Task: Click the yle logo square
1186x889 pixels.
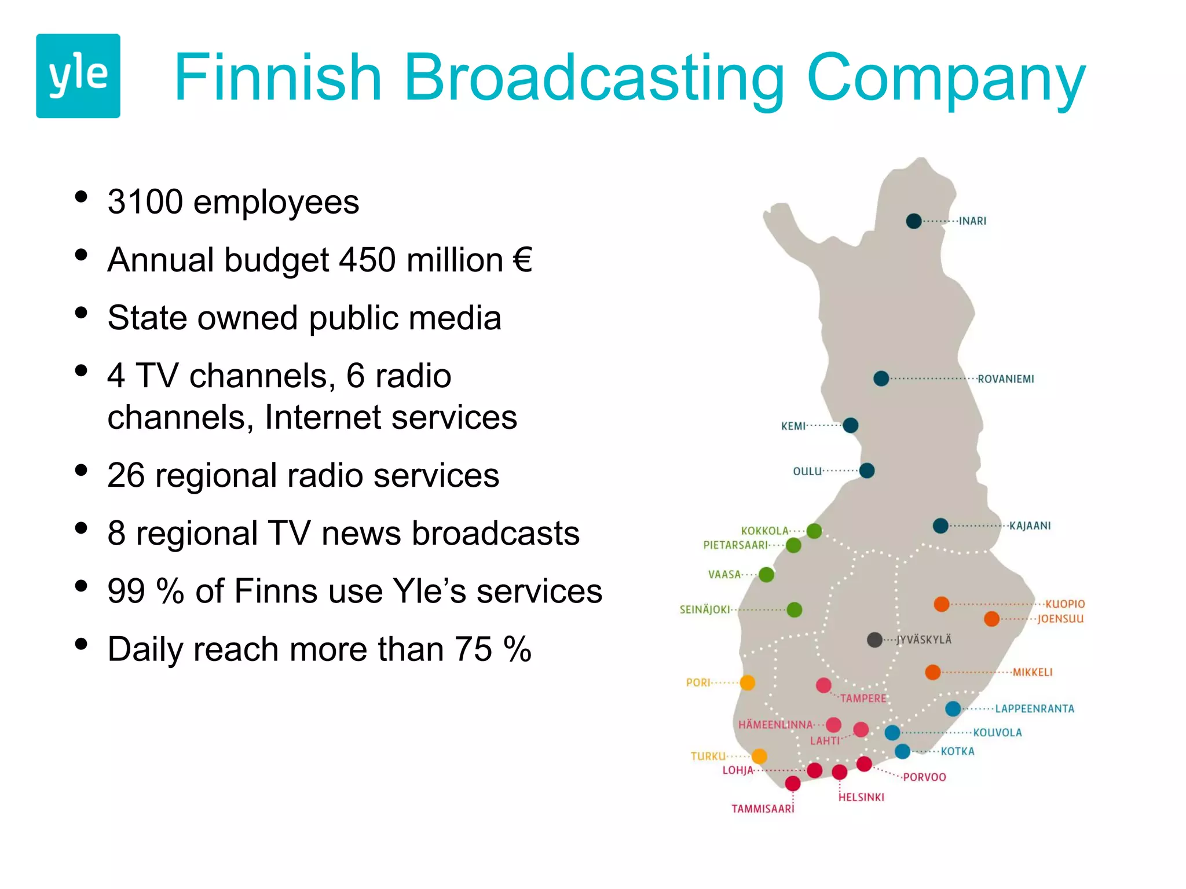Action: coord(78,76)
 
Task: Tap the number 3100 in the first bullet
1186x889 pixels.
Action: coord(145,202)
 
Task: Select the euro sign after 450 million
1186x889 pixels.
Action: coord(522,260)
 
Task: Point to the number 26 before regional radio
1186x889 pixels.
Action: coord(126,476)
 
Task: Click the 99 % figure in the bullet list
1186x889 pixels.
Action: coord(145,592)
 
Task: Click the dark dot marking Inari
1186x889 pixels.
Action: coord(914,221)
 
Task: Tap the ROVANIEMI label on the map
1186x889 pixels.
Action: coord(1005,379)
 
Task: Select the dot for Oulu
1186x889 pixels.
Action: coord(867,471)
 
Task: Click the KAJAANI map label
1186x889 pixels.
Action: coord(1030,526)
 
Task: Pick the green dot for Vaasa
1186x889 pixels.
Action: coord(766,575)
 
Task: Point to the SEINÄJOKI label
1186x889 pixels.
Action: coord(705,609)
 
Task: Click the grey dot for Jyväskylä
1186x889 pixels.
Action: coord(874,640)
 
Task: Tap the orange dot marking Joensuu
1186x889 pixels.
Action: coord(991,619)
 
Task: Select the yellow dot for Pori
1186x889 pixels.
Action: coord(748,683)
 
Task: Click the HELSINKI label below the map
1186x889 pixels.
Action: coord(861,797)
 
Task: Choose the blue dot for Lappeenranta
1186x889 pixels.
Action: coord(953,708)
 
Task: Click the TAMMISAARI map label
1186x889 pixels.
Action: coord(763,809)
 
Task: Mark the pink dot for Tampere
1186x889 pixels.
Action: coord(823,685)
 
